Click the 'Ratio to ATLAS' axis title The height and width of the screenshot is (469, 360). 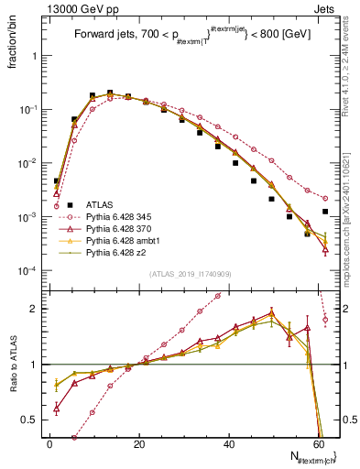[x=12, y=365]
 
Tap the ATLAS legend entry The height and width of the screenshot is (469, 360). [x=102, y=205]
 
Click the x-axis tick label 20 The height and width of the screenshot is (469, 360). [x=138, y=443]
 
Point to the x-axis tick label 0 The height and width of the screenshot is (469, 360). [x=49, y=443]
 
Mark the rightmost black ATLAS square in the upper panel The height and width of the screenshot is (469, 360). [x=325, y=212]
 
